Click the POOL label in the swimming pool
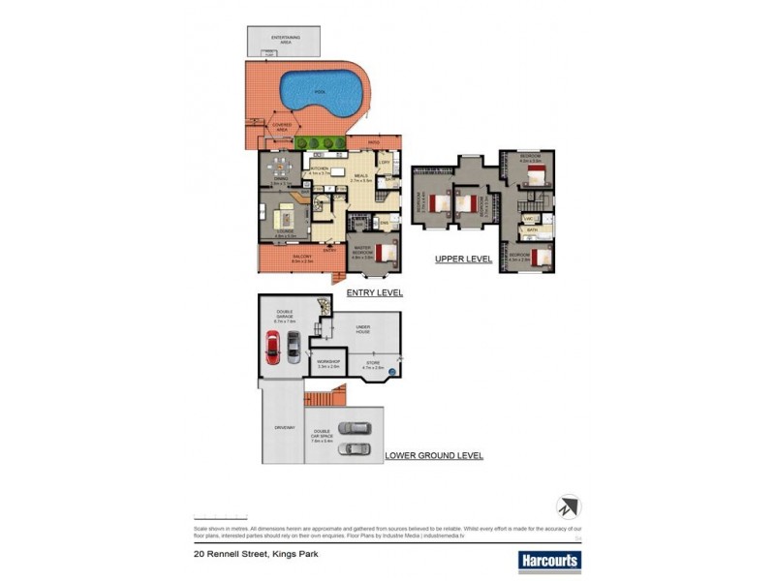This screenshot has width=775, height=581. coord(316,92)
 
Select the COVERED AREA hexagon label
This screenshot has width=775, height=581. coord(284,126)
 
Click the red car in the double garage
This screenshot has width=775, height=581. coord(274,348)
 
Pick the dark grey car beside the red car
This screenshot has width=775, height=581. coord(293,347)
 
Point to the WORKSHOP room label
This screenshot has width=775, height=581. coord(328,364)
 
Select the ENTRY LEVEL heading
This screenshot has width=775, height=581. coord(375,291)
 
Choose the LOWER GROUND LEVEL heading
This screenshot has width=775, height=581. coord(434,454)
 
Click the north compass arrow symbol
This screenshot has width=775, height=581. coord(568,506)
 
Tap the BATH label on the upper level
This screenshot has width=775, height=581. coord(532,230)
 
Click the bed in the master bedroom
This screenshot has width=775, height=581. coord(387,255)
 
